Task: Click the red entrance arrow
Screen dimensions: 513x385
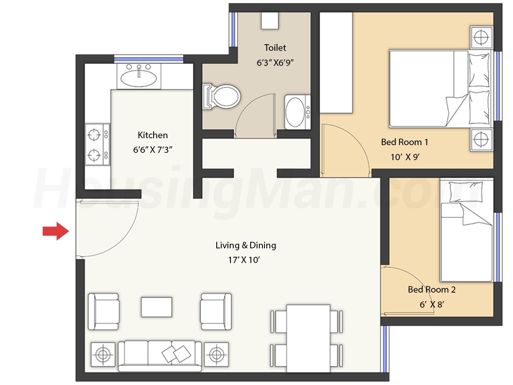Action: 56,231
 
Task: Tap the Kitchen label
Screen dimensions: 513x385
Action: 153,135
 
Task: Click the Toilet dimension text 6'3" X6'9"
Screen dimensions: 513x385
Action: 275,63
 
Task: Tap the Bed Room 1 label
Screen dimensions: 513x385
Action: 404,142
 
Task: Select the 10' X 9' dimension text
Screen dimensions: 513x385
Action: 405,157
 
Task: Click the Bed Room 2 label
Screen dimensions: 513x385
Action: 432,290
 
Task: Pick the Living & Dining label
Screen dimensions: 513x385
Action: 246,245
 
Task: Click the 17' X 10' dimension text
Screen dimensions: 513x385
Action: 244,260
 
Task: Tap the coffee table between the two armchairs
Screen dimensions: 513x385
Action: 156,307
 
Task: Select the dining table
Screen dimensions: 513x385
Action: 308,338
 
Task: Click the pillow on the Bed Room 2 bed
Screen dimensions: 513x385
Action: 466,192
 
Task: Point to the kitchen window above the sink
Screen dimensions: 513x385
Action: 149,59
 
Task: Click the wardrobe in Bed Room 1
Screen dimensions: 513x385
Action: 336,63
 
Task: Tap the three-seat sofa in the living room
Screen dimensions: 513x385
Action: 160,356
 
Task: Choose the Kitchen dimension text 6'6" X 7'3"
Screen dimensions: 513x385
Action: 153,150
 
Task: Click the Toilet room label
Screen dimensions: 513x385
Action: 275,48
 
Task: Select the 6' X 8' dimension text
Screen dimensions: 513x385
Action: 432,305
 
